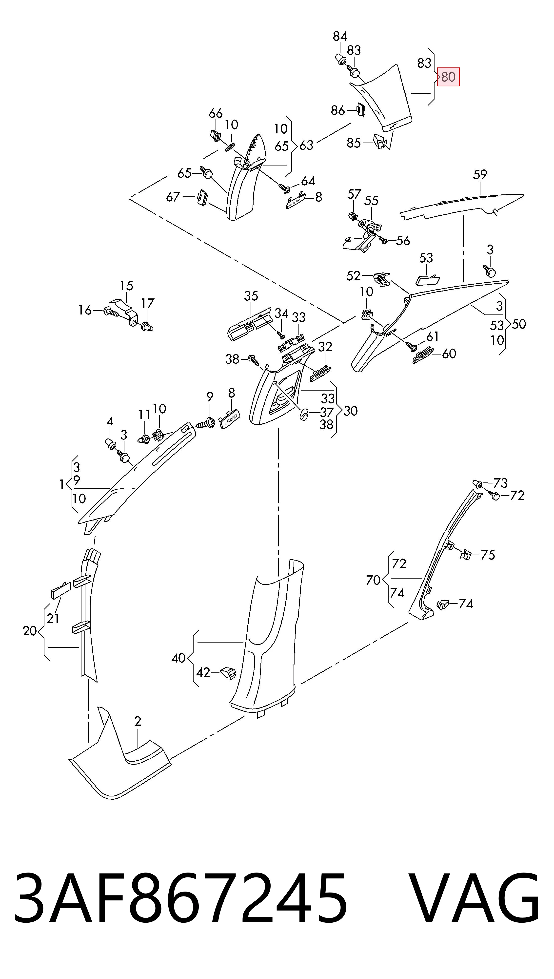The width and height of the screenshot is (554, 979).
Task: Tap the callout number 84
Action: (x=340, y=37)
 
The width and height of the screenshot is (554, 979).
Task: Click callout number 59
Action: (x=480, y=175)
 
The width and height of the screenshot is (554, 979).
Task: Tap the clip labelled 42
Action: (x=228, y=673)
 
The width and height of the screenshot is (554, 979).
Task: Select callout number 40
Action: (x=178, y=658)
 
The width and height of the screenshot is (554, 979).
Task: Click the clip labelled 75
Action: (x=465, y=555)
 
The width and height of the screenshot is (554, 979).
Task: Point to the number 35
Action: (x=251, y=296)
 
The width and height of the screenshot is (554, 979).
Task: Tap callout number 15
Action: (x=126, y=286)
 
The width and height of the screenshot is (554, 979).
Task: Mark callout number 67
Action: (x=173, y=197)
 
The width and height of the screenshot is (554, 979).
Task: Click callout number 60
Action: (x=449, y=354)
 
